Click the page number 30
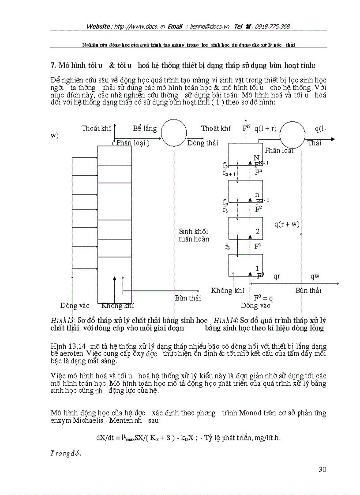[322, 469]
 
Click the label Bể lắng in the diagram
[145, 128]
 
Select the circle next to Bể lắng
[173, 132]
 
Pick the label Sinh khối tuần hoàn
[194, 235]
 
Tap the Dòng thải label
[202, 143]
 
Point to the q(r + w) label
[287, 224]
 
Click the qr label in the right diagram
[277, 276]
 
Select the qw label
[315, 276]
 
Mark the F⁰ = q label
[264, 298]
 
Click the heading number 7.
[53, 66]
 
